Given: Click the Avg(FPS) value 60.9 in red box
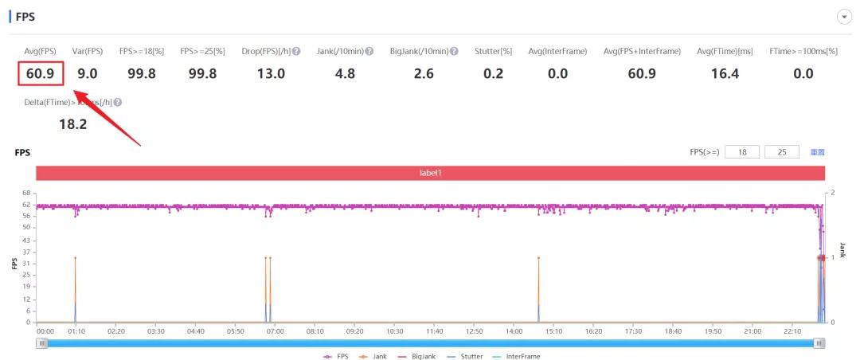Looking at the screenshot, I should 41,74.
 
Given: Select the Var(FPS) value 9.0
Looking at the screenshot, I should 87,74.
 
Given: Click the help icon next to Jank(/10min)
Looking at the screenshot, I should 369,52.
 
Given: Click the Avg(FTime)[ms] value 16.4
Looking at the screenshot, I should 724,74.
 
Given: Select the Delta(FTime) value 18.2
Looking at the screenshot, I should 73,123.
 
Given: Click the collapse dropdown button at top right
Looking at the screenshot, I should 844,17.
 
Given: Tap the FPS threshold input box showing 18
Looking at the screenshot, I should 742,152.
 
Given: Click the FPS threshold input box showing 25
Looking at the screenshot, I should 781,152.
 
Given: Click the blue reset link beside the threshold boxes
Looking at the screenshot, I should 817,152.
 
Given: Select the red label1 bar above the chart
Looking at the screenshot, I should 430,173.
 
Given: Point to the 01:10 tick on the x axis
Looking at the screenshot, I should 76,331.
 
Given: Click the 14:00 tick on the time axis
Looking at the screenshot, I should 514,331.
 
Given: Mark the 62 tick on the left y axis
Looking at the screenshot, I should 26,205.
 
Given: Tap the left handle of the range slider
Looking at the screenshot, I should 42,343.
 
